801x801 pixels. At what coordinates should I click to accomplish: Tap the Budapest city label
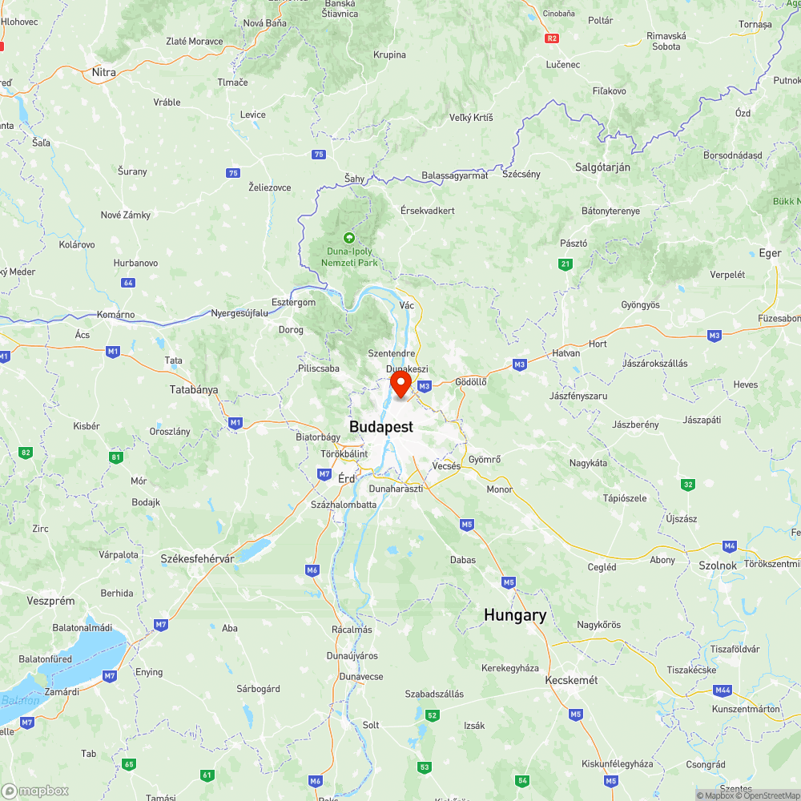[381, 427]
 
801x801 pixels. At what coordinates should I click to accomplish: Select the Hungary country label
[515, 615]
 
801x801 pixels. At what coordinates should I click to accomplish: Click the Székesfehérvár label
[197, 558]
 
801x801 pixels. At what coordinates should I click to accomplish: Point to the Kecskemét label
[572, 680]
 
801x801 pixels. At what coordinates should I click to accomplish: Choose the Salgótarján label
[602, 167]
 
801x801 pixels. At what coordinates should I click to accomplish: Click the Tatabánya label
[193, 390]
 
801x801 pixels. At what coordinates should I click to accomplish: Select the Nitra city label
[104, 72]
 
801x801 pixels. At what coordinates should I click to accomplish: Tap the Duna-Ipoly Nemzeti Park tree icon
[348, 238]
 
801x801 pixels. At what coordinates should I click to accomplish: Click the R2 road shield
[551, 38]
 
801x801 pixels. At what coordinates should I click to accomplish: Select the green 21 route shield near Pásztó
[566, 264]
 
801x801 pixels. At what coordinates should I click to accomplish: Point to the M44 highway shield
[723, 690]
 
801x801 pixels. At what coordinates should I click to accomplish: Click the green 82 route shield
[26, 453]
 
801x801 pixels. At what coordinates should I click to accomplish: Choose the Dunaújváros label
[352, 655]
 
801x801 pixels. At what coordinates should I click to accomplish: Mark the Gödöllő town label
[471, 382]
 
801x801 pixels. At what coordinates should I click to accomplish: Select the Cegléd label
[602, 567]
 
